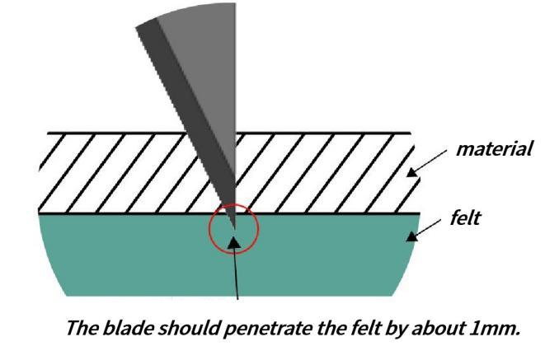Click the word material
[x=494, y=149]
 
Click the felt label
[x=465, y=218]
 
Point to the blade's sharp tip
[x=235, y=229]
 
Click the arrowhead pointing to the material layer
[x=412, y=172]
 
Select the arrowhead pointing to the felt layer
[x=412, y=236]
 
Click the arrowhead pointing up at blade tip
[x=234, y=242]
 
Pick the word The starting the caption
[x=82, y=328]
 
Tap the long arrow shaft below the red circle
[x=236, y=274]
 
